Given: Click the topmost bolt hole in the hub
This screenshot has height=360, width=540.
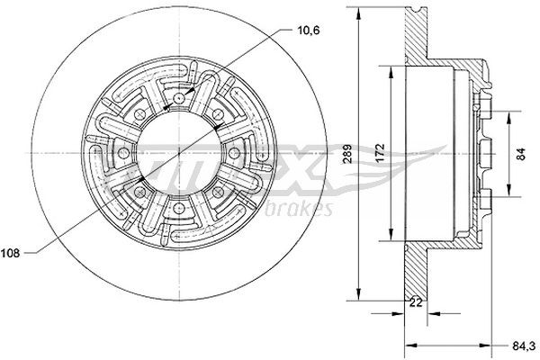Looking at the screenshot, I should click(x=180, y=98).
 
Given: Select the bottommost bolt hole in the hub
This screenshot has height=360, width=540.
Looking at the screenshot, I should click(x=180, y=211).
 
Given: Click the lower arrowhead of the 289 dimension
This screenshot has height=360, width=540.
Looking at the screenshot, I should click(x=359, y=292).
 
